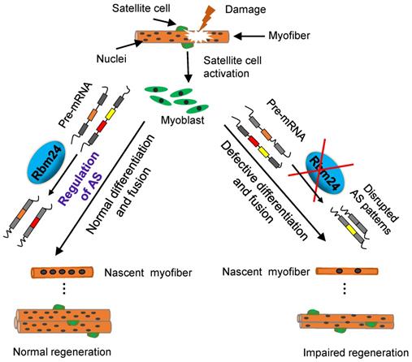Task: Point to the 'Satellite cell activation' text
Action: [237, 64]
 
